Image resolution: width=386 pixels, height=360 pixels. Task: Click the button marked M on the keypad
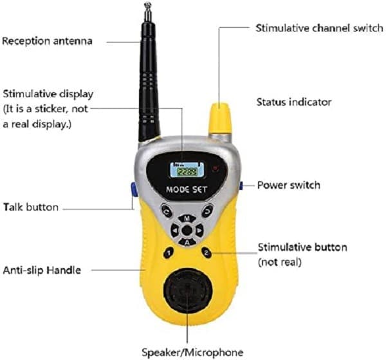(x=187, y=218)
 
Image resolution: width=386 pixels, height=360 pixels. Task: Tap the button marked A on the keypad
(x=187, y=242)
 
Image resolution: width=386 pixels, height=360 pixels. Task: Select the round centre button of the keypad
(x=187, y=231)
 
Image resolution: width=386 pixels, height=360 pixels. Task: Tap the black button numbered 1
(x=169, y=253)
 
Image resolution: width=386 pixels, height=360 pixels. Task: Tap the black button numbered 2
(x=207, y=252)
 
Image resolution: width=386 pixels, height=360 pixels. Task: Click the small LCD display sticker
(x=187, y=170)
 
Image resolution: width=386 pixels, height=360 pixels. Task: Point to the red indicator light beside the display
(x=216, y=168)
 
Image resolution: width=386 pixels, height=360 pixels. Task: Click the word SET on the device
(x=199, y=190)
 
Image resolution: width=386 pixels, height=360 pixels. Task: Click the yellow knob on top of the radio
(x=220, y=118)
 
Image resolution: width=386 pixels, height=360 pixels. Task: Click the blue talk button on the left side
(x=134, y=189)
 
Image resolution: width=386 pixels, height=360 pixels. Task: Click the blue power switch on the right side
(x=241, y=185)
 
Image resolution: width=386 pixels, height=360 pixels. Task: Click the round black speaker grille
(x=187, y=292)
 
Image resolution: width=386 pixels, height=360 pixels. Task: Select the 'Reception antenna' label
(x=47, y=41)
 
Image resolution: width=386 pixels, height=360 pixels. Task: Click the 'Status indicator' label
(x=294, y=102)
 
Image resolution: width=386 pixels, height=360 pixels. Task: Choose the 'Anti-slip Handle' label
(x=42, y=270)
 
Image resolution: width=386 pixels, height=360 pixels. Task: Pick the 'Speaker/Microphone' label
(x=192, y=352)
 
